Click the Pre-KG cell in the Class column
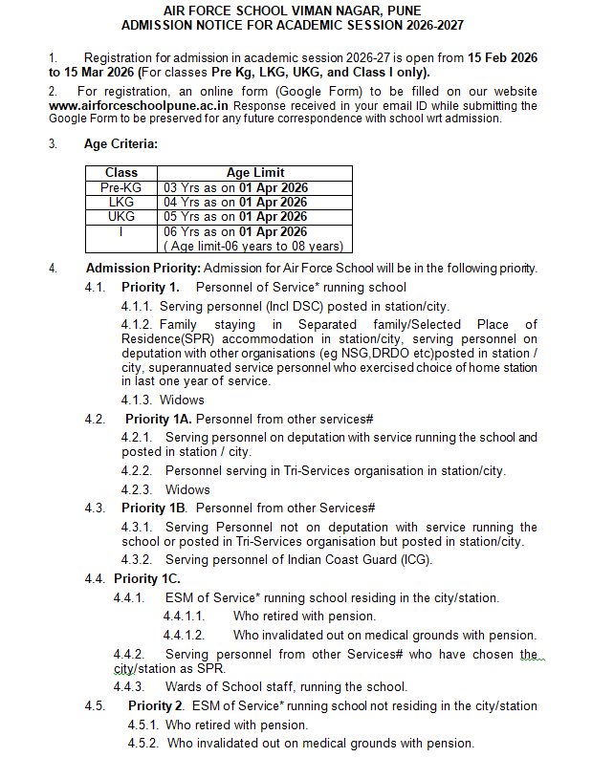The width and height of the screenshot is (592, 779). point(121,188)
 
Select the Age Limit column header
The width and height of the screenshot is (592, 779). point(254,173)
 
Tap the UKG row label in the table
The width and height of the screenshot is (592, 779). point(121,217)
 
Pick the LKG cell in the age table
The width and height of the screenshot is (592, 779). point(121,203)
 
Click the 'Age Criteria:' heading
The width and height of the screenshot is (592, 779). point(121,144)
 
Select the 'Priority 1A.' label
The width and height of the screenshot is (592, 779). point(159,419)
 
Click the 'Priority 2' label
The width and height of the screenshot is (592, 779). point(156,706)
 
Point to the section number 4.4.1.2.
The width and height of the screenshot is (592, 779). point(184,636)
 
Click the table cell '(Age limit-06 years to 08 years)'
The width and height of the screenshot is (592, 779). point(255,247)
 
